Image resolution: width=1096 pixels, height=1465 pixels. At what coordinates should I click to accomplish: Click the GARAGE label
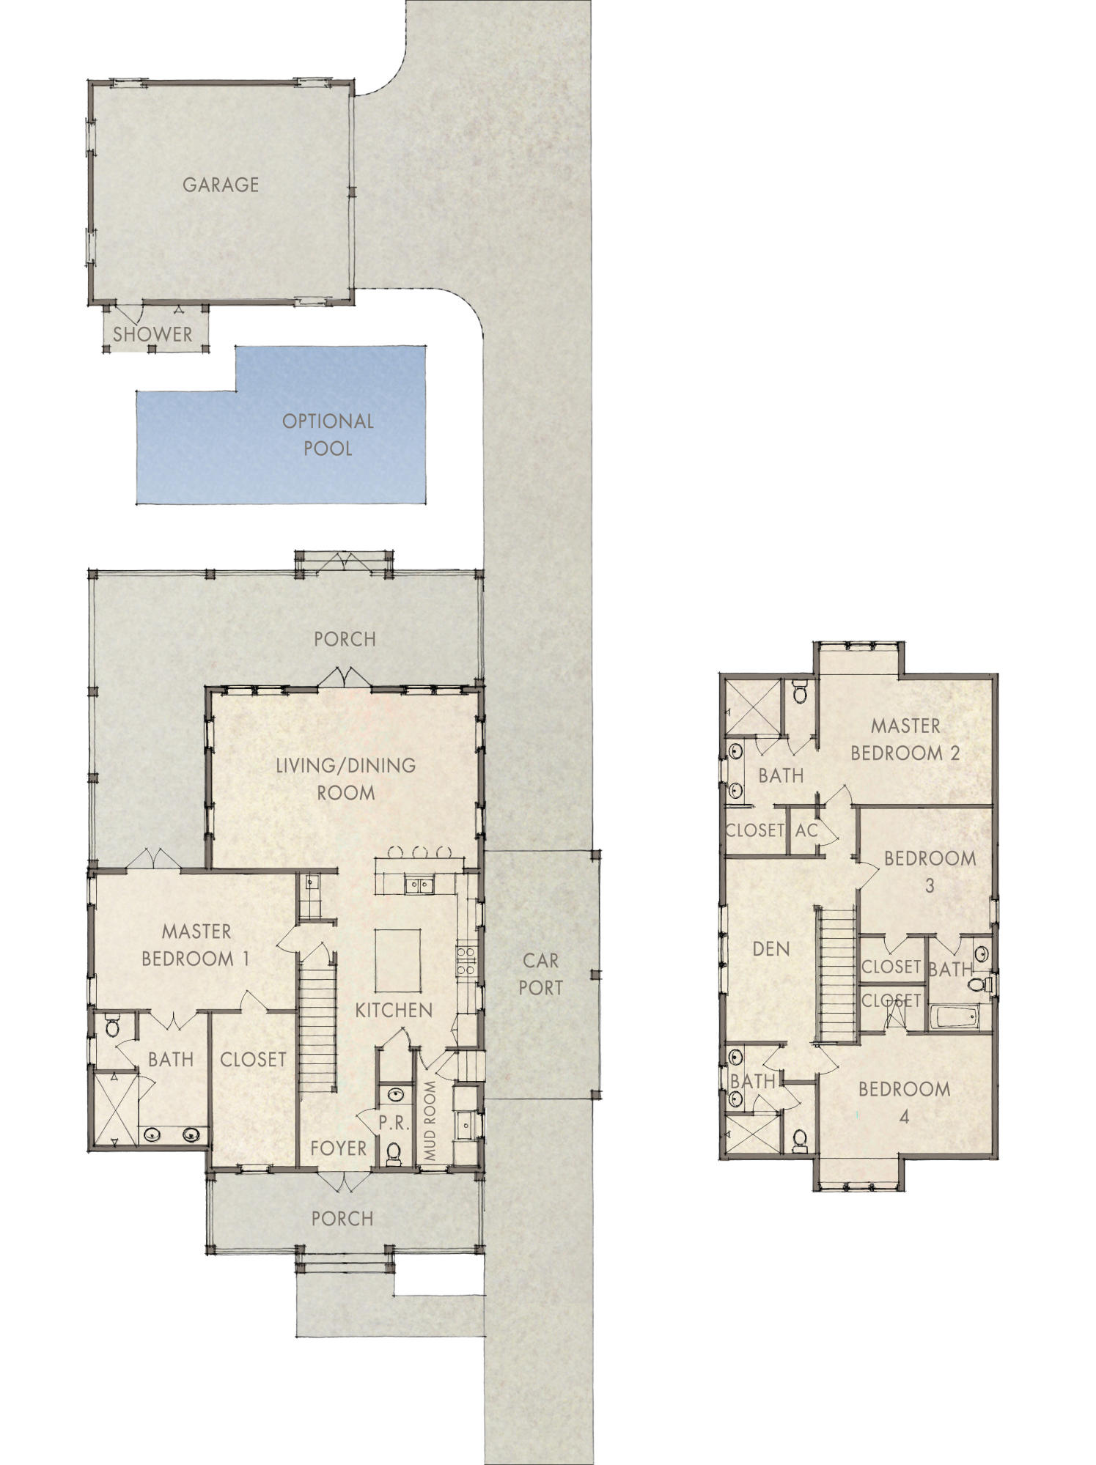coord(220,184)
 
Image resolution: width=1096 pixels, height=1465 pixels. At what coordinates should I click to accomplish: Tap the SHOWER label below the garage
coord(152,334)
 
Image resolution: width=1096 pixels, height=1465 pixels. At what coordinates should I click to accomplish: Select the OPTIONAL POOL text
coord(328,435)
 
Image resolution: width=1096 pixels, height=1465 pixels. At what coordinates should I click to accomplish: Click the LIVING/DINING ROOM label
coord(345,778)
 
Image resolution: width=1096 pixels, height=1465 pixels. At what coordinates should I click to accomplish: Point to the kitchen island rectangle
coord(398,958)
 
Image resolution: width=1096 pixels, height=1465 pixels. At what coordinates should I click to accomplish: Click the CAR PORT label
coord(540,974)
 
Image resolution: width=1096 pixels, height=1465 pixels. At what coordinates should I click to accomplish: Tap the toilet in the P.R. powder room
coord(394,1153)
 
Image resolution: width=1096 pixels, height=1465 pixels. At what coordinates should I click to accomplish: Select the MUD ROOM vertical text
coord(430,1121)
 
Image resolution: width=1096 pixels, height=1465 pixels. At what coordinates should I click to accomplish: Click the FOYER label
coord(338,1148)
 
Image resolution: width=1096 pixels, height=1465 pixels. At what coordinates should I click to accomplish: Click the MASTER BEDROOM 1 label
coord(196,945)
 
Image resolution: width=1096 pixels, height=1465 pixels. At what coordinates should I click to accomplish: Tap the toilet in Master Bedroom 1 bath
coord(112,1027)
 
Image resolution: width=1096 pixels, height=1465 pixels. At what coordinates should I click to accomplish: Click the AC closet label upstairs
coord(806,830)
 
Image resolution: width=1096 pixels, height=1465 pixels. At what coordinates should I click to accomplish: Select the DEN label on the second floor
coord(771,949)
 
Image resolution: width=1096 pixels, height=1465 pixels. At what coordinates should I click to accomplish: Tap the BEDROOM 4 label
coord(904,1102)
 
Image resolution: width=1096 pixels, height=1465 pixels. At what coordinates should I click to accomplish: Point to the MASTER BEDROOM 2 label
coord(905,739)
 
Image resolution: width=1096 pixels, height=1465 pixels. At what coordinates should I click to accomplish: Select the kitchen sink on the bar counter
coord(419,885)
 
